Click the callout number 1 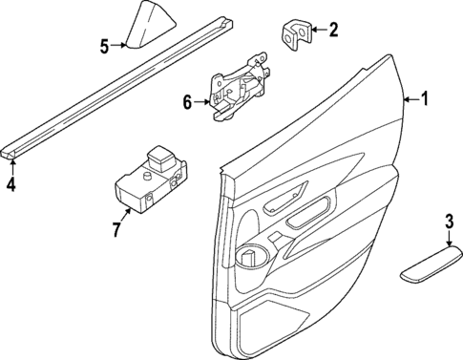pos(427,98)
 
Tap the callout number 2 pos(333,30)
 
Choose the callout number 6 pos(189,100)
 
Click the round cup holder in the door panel pos(249,256)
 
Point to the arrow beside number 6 pos(203,100)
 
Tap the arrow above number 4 pos(11,164)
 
